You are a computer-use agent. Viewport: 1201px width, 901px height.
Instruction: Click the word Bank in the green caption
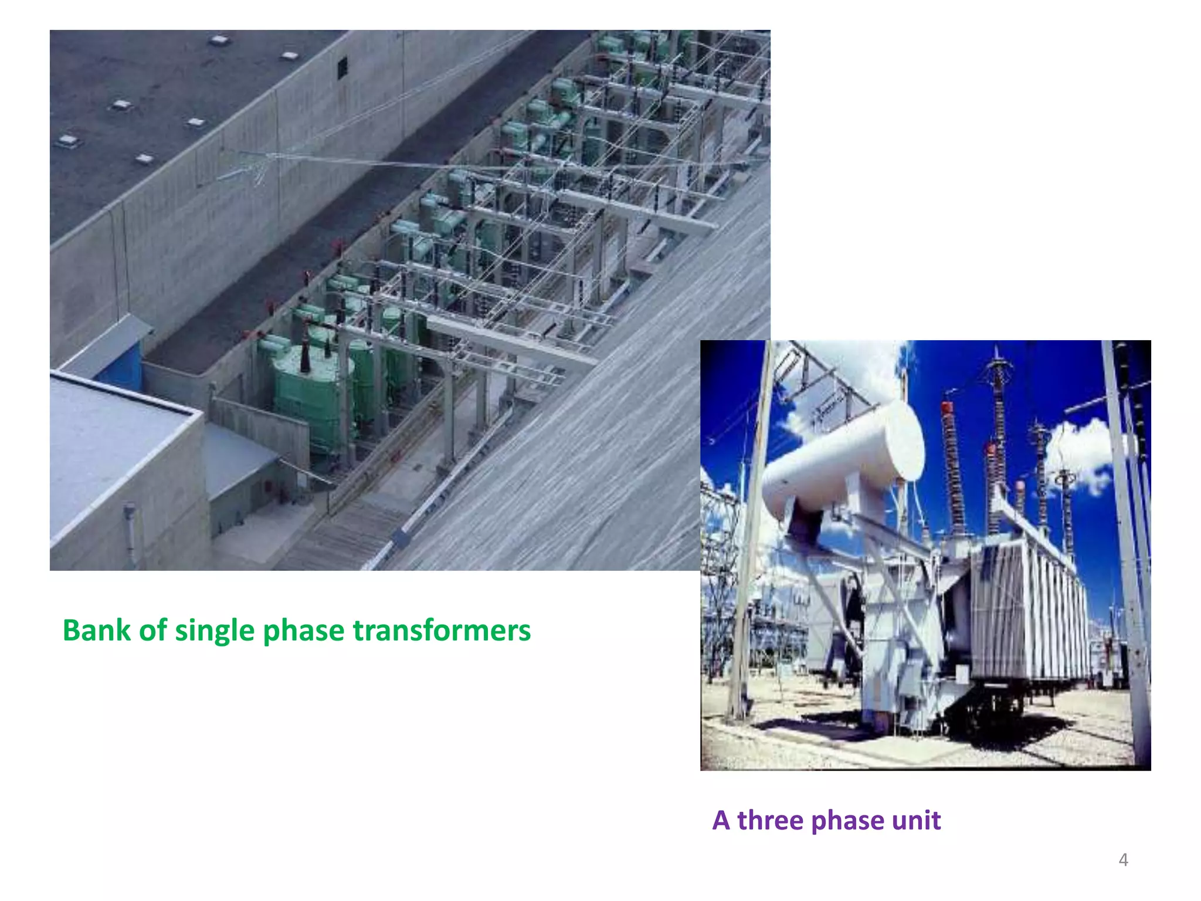[96, 631]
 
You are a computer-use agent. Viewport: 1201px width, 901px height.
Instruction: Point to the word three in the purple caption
[770, 820]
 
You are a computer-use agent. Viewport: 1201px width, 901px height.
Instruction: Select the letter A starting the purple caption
[721, 820]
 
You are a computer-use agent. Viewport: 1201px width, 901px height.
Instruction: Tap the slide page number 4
[1123, 860]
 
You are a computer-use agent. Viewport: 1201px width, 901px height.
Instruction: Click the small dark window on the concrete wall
[342, 67]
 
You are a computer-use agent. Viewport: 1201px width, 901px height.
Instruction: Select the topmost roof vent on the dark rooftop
[219, 40]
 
